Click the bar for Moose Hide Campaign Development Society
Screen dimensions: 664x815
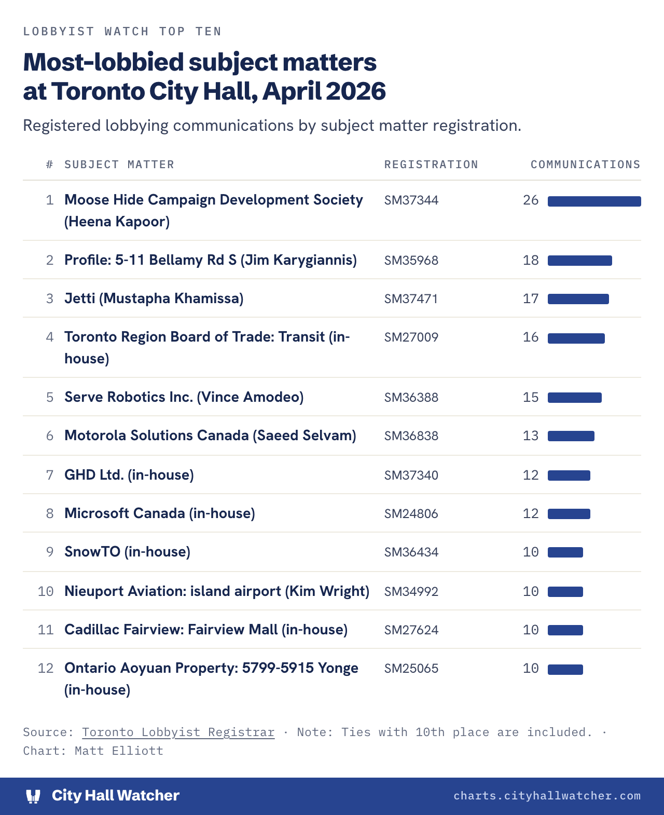click(x=594, y=201)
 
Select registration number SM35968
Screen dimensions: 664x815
click(x=411, y=261)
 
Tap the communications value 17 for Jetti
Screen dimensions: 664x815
click(x=531, y=298)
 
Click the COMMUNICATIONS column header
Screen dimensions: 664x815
click(x=586, y=165)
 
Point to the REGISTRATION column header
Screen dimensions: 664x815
click(x=431, y=165)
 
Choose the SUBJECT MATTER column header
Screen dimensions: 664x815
click(x=119, y=165)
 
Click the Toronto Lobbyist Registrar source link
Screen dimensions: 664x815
click(x=178, y=732)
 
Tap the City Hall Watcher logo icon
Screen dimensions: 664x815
click(x=33, y=796)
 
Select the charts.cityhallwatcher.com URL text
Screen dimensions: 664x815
click(x=547, y=796)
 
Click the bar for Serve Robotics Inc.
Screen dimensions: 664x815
click(x=574, y=397)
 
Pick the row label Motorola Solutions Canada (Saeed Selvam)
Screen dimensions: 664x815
click(x=210, y=436)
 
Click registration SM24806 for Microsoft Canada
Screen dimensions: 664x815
click(x=411, y=513)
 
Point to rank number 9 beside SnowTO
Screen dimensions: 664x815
click(x=50, y=552)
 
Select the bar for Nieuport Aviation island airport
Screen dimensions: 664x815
click(x=565, y=591)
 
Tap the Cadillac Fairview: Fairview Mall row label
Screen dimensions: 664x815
click(x=206, y=630)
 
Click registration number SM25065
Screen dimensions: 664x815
click(x=411, y=669)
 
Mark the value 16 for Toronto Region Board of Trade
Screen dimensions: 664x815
click(x=531, y=337)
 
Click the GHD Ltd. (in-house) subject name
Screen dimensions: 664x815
click(x=129, y=475)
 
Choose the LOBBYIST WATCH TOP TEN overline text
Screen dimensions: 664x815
click(x=122, y=31)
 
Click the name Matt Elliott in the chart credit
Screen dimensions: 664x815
click(x=119, y=751)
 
